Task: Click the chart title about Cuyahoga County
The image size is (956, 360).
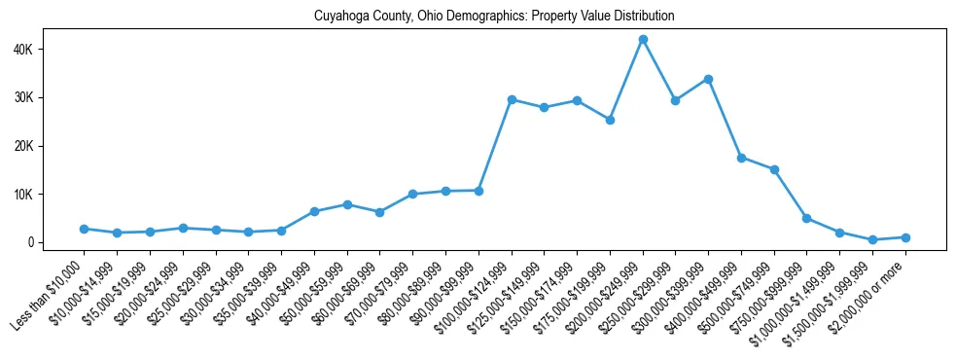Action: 493,17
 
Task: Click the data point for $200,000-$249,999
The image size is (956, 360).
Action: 643,40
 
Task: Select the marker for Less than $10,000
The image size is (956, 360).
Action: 85,229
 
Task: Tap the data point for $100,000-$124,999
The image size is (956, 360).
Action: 512,99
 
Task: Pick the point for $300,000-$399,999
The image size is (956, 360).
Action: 708,79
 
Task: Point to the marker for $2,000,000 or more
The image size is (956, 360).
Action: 905,237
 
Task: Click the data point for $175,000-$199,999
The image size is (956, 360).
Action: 610,120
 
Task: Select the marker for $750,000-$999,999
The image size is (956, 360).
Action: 807,218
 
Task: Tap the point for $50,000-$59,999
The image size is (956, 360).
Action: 347,204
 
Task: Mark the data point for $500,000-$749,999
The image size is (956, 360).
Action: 774,169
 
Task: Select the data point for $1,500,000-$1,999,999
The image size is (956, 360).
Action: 872,239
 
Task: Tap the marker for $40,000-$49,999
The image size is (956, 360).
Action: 314,211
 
